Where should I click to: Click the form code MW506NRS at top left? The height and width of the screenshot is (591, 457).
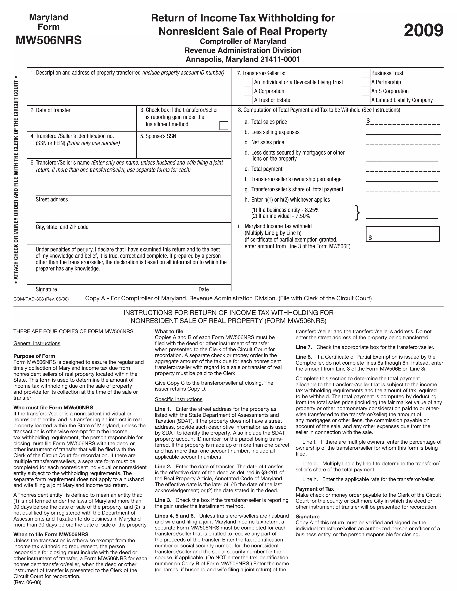pos(49,40)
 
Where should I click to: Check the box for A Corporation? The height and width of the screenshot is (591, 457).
pos(248,91)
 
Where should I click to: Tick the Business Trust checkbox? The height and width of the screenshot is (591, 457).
pos(366,73)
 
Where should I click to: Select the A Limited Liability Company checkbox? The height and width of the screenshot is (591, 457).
pos(366,100)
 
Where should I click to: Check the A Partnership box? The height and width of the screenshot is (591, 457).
pos(366,82)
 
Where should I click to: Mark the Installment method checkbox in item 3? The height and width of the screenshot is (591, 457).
pos(224,126)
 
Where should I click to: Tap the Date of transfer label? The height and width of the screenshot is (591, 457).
pos(50,110)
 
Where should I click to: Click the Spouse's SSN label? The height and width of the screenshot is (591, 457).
pos(158,136)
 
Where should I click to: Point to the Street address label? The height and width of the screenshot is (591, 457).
pos(52,199)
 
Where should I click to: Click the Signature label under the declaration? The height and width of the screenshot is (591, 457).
pos(46,289)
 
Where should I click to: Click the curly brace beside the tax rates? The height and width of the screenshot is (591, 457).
pos(357,213)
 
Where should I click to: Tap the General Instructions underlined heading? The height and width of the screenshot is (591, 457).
pos(37,343)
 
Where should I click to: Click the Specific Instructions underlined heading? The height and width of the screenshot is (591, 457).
pos(179,399)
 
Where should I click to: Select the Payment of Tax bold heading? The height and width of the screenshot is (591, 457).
pos(315,489)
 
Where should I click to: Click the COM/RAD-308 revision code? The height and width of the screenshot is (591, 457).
pos(41,299)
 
